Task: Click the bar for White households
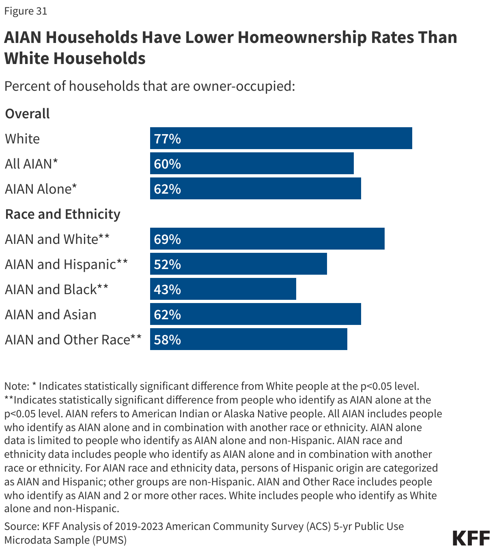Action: [281, 138]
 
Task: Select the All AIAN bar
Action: [252, 163]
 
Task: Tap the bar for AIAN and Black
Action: [223, 289]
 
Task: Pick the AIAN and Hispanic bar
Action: [238, 264]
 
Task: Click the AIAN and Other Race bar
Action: [248, 339]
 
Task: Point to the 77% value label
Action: [167, 139]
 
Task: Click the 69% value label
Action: [167, 239]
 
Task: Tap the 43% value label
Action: [167, 289]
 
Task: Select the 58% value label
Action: [167, 340]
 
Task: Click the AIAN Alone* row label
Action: [41, 189]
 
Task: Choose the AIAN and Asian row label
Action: [51, 314]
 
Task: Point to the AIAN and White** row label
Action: [57, 239]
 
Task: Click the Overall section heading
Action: [27, 113]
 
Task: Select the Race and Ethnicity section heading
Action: [62, 214]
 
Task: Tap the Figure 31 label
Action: [26, 11]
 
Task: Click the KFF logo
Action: [471, 538]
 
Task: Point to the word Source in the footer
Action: [21, 526]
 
